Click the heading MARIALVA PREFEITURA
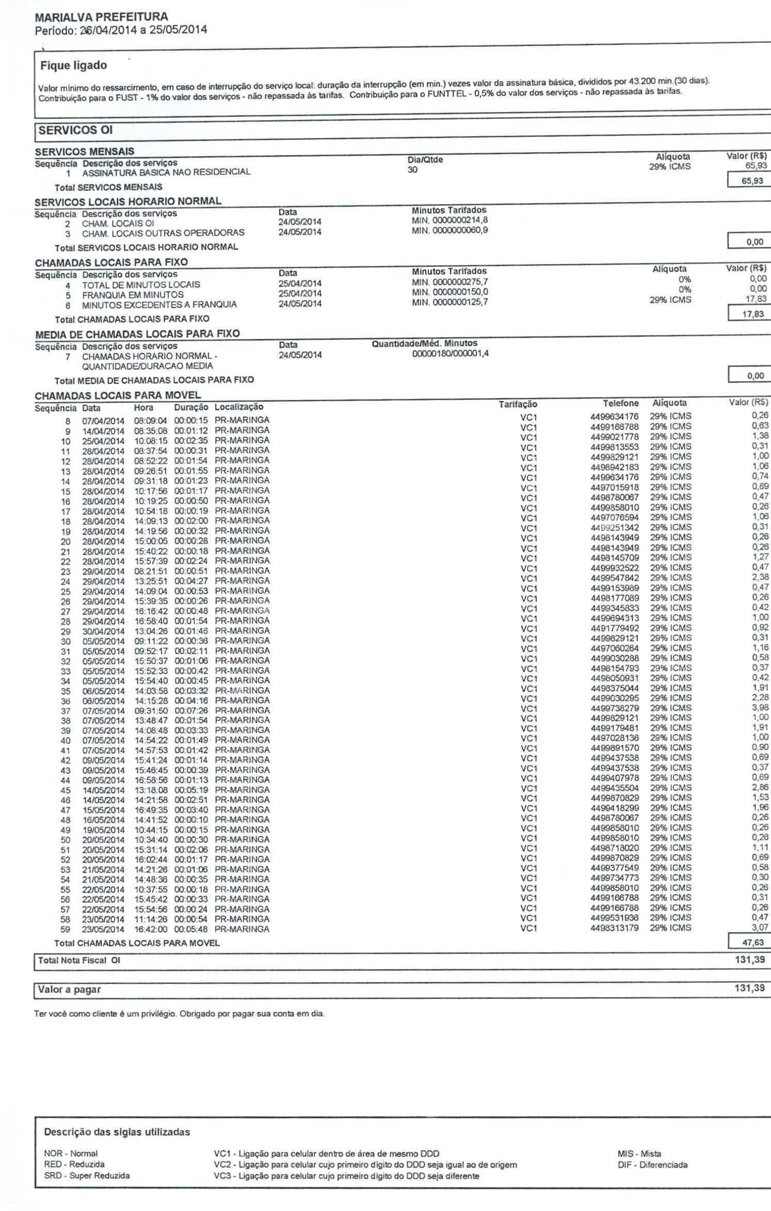(101, 17)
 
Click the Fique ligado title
(74, 66)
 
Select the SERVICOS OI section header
(75, 130)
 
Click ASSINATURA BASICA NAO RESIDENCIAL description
(166, 172)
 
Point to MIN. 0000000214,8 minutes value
(449, 220)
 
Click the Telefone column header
(620, 403)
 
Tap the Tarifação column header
(518, 404)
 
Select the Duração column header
(190, 407)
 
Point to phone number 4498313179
(614, 928)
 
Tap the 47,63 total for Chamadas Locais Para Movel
(752, 943)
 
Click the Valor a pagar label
(70, 989)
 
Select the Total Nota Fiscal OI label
(79, 960)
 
